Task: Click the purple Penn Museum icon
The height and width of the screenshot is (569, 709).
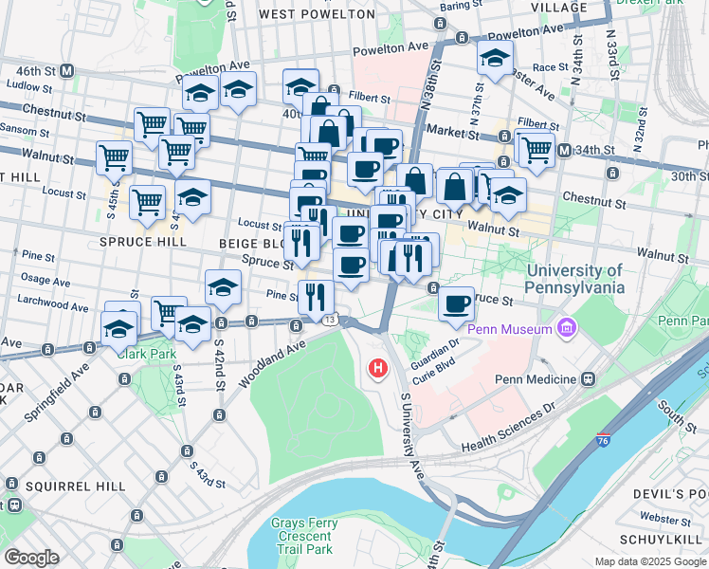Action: click(x=568, y=329)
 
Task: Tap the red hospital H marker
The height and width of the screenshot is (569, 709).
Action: click(x=379, y=368)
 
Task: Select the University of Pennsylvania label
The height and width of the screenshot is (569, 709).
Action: click(x=575, y=278)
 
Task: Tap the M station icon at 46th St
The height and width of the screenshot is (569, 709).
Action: click(x=67, y=71)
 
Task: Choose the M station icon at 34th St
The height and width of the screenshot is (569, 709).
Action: click(x=564, y=150)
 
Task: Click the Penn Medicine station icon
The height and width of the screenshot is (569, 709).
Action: click(x=589, y=379)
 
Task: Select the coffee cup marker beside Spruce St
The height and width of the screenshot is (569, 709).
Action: click(x=457, y=303)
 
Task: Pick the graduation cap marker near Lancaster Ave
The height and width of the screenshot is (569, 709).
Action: click(x=495, y=59)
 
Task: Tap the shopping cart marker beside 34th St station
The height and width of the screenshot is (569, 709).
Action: click(x=536, y=148)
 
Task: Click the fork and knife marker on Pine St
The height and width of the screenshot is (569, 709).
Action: click(x=316, y=295)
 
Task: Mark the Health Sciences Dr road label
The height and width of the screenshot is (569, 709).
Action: click(x=509, y=429)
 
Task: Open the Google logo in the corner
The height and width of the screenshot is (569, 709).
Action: click(x=31, y=557)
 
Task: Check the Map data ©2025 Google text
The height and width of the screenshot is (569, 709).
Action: click(x=649, y=561)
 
